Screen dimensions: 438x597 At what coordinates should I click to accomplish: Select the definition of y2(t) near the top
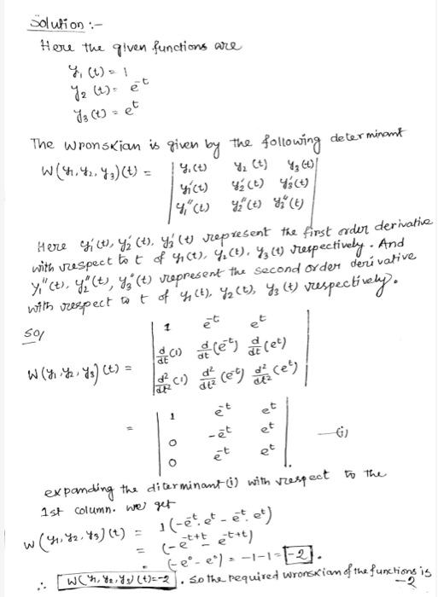pos(94,90)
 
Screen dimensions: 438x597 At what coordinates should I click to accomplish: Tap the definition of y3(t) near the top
pos(92,110)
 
